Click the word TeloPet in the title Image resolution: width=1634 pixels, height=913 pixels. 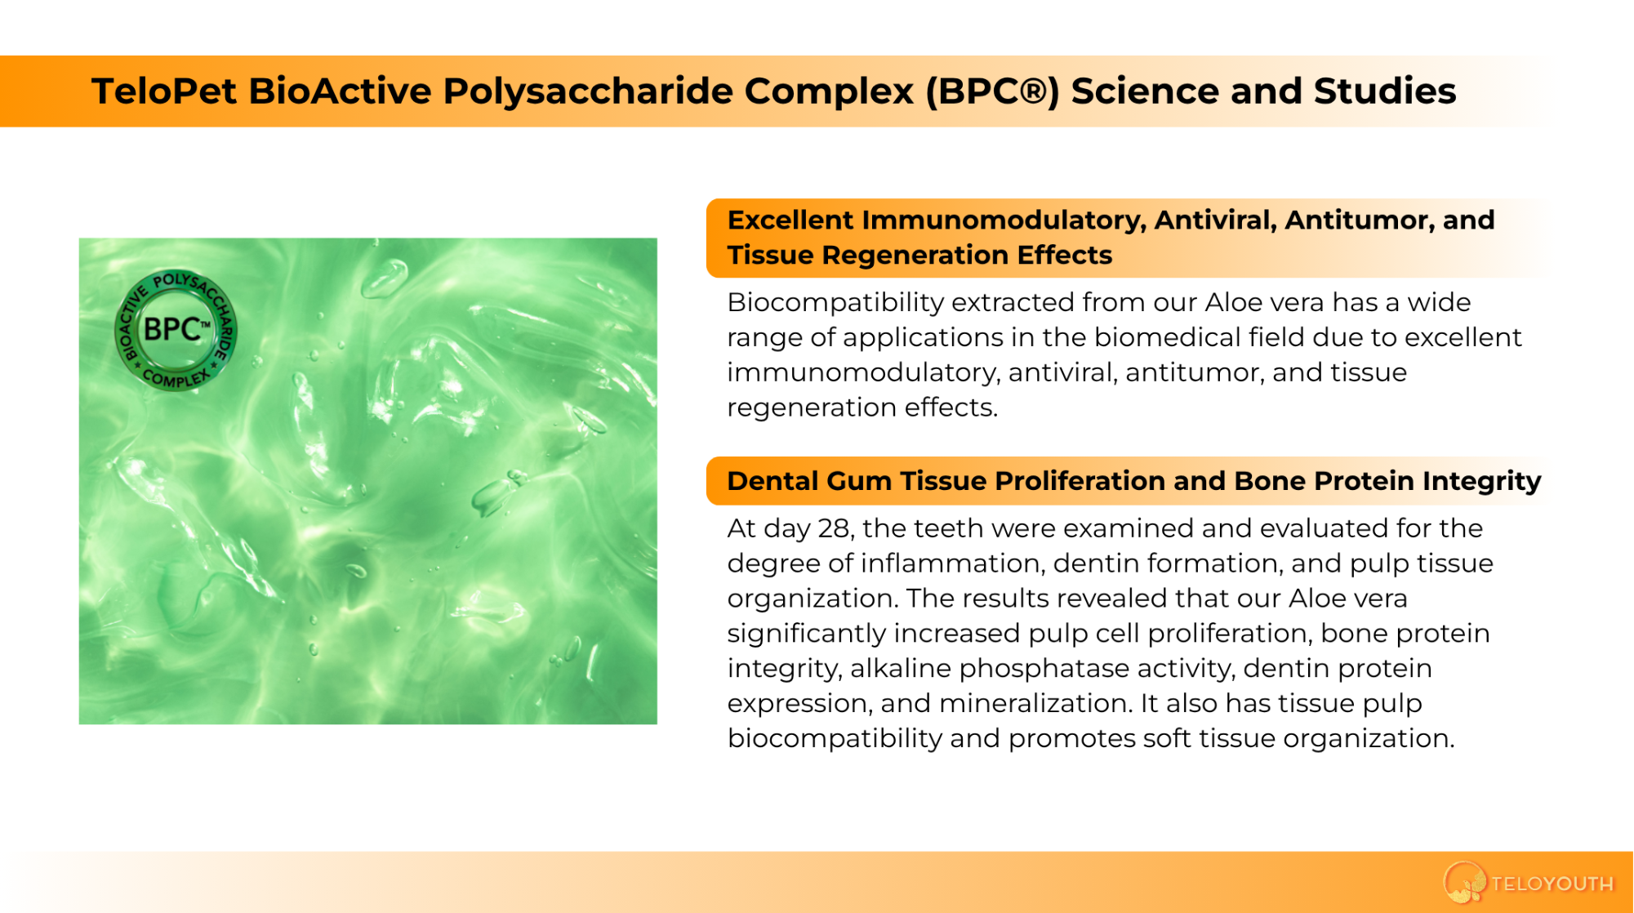[164, 91]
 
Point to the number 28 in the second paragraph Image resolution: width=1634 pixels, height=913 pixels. [835, 528]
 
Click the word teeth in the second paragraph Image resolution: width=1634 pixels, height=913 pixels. [944, 528]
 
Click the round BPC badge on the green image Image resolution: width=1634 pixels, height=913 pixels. [176, 330]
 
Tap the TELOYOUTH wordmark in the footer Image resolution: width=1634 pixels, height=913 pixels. [1552, 884]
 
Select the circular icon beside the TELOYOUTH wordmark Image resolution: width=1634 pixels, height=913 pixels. [1464, 883]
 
